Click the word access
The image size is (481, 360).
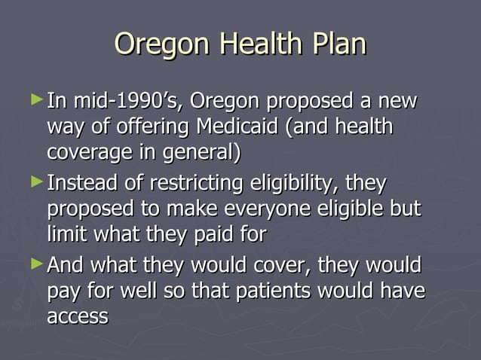coord(78,317)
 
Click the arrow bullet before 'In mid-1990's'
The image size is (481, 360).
coord(39,99)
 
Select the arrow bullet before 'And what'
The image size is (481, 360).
coord(39,264)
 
